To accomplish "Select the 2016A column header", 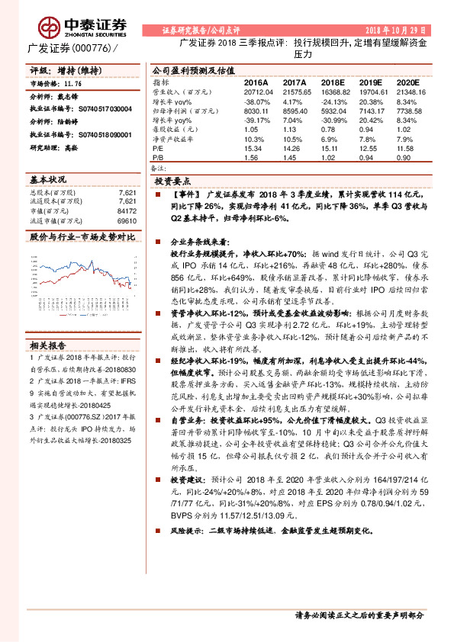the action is [x=256, y=81].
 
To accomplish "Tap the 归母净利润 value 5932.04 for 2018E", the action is [x=333, y=111].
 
